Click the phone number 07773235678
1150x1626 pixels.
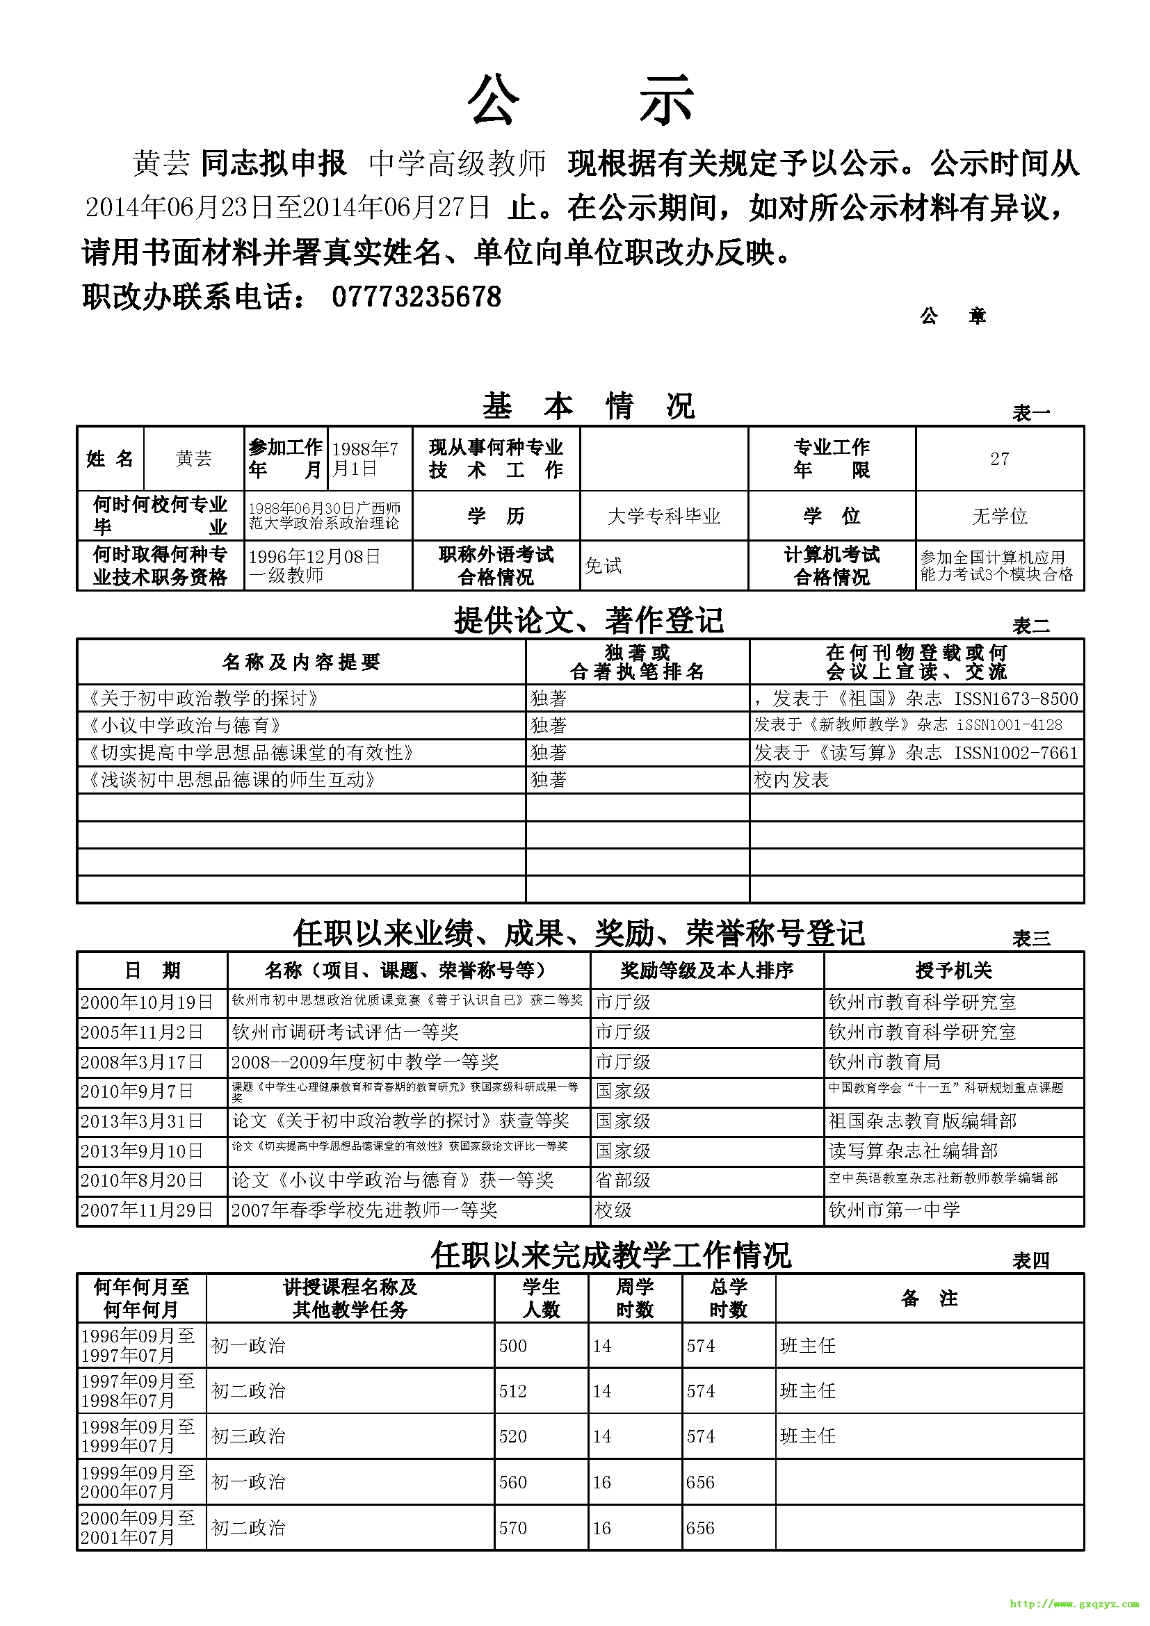pos(416,297)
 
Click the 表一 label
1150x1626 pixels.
pos(1030,413)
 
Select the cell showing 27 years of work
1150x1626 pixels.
pos(999,459)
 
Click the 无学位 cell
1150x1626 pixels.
pos(999,517)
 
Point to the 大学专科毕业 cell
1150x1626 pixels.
pos(663,517)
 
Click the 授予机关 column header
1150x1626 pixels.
pos(953,970)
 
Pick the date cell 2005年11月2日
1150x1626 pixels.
pos(142,1032)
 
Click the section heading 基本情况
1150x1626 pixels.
pos(588,407)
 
